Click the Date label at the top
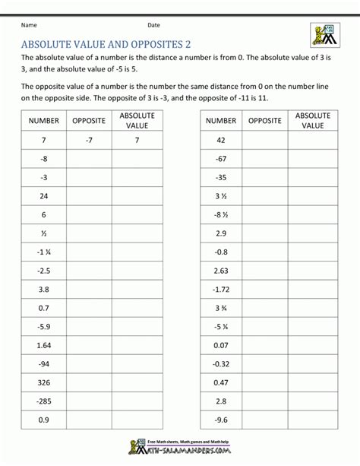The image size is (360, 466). coord(154,24)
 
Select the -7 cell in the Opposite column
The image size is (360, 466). coord(89,140)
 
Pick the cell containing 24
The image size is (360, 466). coord(43,195)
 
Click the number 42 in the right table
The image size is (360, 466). coord(221,140)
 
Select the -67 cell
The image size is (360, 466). coord(221,158)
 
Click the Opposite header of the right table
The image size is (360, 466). coord(265,120)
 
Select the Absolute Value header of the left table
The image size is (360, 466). coord(137,120)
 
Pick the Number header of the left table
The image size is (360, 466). coord(43,120)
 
